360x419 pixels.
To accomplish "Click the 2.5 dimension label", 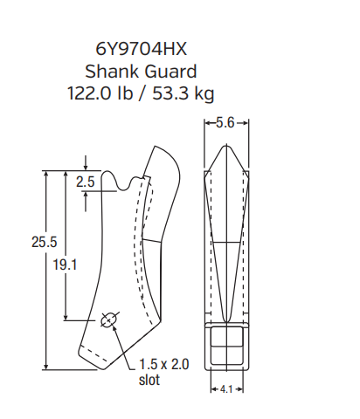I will click(85, 182).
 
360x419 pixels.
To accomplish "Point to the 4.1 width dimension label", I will click(225, 388).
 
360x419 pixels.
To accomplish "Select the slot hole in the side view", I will click(108, 320).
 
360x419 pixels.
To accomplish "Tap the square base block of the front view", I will click(225, 346).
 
